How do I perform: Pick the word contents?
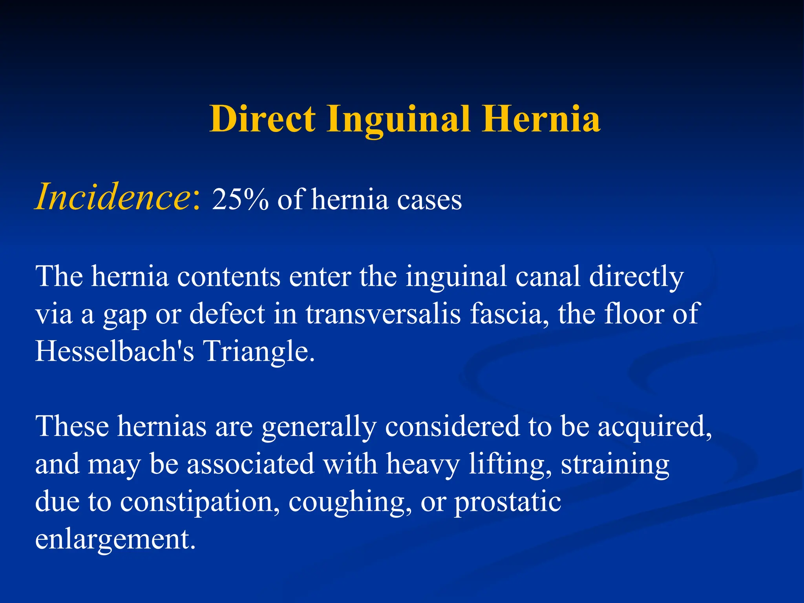[228, 276]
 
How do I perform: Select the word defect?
[227, 314]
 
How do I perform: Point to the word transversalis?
[383, 314]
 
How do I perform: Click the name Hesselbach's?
[115, 351]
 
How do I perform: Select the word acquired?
[654, 427]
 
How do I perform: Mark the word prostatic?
[508, 502]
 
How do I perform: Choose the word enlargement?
[115, 540]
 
